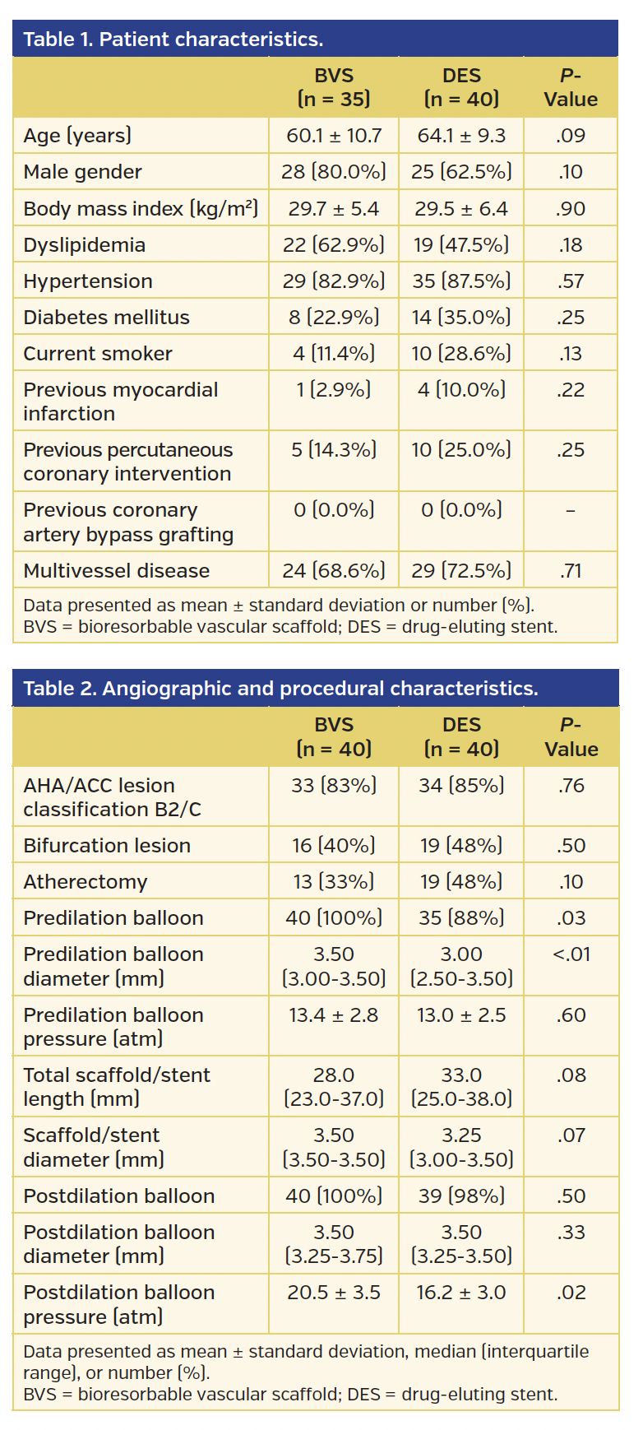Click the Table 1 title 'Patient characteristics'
pyautogui.click(x=173, y=39)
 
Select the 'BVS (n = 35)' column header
pyautogui.click(x=334, y=87)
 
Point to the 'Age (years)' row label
pyautogui.click(x=77, y=136)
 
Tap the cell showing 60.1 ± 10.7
pyautogui.click(x=334, y=136)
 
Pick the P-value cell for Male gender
pyautogui.click(x=570, y=172)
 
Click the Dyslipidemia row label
pyautogui.click(x=84, y=245)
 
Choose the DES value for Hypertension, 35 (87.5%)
pyautogui.click(x=461, y=281)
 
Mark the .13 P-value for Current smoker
pyautogui.click(x=570, y=354)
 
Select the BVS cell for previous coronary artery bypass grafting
pyautogui.click(x=334, y=510)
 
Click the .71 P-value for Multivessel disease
pyautogui.click(x=570, y=571)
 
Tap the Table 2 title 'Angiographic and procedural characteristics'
pyautogui.click(x=280, y=689)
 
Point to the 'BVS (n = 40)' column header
pyautogui.click(x=334, y=737)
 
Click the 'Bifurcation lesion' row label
pyautogui.click(x=107, y=846)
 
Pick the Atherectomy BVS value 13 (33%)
pyautogui.click(x=334, y=882)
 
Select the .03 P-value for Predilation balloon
pyautogui.click(x=570, y=918)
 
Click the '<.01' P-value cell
pyautogui.click(x=570, y=954)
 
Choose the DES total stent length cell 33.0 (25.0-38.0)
pyautogui.click(x=461, y=1087)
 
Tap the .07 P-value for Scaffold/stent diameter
pyautogui.click(x=570, y=1135)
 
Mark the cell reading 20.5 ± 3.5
pyautogui.click(x=334, y=1293)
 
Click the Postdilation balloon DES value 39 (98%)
pyautogui.click(x=461, y=1196)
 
